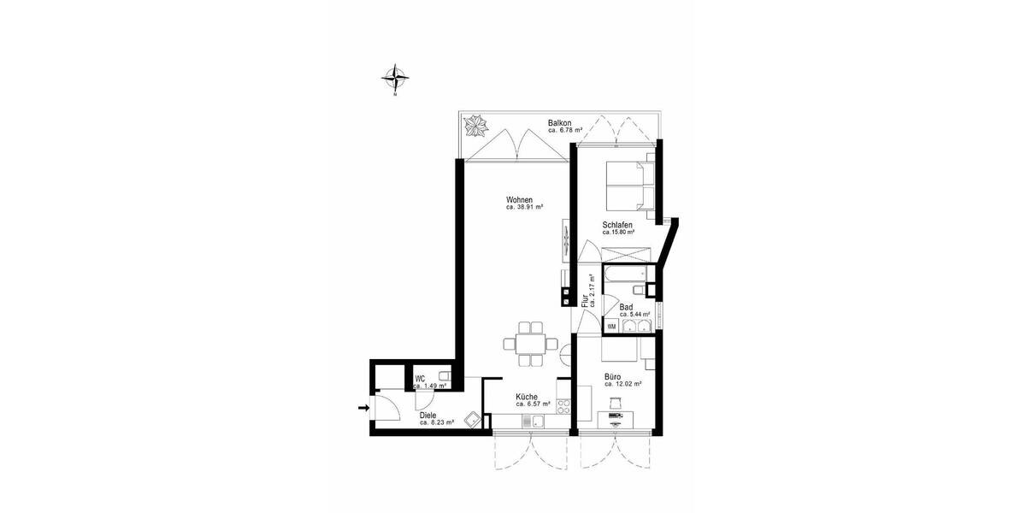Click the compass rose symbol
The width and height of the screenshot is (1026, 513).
pyautogui.click(x=394, y=78)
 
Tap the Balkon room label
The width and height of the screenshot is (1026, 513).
pyautogui.click(x=559, y=124)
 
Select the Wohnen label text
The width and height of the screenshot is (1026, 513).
pyautogui.click(x=519, y=200)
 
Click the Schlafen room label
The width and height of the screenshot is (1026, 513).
pyautogui.click(x=616, y=225)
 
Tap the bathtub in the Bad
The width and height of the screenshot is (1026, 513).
pyautogui.click(x=623, y=276)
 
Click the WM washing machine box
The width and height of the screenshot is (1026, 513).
pyautogui.click(x=613, y=326)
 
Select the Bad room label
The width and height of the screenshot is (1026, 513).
pyautogui.click(x=626, y=307)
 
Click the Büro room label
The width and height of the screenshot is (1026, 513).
pyautogui.click(x=613, y=376)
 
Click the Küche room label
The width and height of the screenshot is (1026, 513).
pyautogui.click(x=526, y=397)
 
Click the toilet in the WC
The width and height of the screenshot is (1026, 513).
pyautogui.click(x=445, y=376)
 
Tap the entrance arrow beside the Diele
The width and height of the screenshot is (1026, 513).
pyautogui.click(x=363, y=408)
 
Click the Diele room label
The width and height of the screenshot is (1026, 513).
pyautogui.click(x=427, y=416)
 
